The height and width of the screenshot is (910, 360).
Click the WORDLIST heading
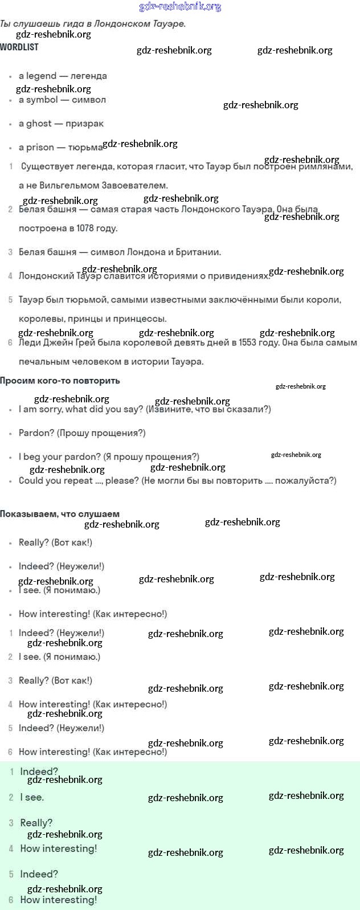(19, 47)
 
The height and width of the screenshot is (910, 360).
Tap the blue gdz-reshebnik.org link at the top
(180, 7)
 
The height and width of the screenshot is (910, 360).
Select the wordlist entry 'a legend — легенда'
(63, 76)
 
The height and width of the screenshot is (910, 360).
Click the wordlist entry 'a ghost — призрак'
(61, 124)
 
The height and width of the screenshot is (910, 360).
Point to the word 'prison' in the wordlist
(40, 148)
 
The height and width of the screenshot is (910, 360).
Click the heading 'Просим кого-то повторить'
(60, 381)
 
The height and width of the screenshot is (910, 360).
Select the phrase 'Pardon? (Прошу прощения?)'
(82, 433)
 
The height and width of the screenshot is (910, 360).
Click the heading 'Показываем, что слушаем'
(60, 514)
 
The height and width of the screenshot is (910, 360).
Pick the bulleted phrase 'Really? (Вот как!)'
(55, 542)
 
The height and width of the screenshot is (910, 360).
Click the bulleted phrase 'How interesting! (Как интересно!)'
(93, 614)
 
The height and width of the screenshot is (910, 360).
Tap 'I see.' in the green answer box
(32, 798)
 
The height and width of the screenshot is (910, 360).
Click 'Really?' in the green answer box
(36, 823)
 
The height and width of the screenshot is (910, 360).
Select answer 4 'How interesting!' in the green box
(58, 848)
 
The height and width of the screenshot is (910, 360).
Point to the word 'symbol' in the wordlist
(42, 100)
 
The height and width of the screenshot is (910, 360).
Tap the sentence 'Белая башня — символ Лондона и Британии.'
(120, 252)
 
